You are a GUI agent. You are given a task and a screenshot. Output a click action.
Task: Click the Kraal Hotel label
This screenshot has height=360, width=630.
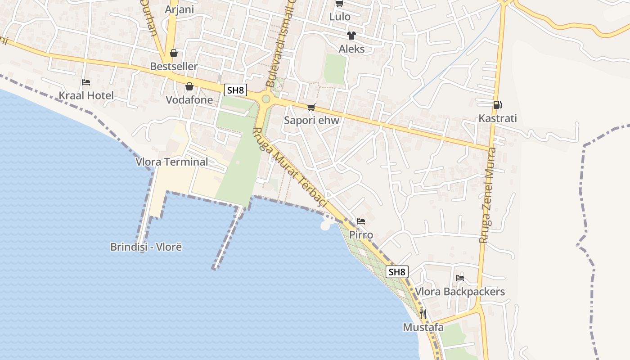[x=86, y=95]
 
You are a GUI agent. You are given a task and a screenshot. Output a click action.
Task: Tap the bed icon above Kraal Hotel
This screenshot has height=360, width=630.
[x=86, y=82]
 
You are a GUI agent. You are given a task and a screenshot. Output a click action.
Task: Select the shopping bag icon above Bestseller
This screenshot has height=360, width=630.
[x=174, y=53]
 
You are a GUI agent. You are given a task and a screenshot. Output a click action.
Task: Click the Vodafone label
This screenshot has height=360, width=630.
[x=189, y=100]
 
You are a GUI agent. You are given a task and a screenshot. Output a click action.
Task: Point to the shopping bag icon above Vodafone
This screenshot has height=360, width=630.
[x=189, y=86]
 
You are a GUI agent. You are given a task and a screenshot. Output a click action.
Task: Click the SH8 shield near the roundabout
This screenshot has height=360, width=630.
[x=235, y=90]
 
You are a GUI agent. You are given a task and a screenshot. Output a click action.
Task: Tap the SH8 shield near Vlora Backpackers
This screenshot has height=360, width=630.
[x=397, y=272]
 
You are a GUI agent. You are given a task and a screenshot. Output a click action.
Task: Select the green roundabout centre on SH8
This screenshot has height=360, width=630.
[x=266, y=99]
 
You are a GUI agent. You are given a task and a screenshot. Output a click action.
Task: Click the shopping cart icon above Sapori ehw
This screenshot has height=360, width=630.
[x=311, y=107]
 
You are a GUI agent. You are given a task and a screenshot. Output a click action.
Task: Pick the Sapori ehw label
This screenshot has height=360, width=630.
[x=311, y=121]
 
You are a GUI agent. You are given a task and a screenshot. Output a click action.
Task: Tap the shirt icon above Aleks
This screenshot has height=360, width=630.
[x=351, y=36]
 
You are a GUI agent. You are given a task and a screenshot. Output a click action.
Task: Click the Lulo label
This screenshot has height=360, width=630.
[x=340, y=17]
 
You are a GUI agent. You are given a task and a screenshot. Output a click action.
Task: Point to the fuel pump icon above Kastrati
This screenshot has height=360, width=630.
[x=497, y=105]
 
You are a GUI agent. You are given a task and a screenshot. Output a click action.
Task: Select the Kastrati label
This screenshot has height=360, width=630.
[x=498, y=118]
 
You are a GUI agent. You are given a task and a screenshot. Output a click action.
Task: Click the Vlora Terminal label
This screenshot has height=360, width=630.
[x=172, y=162]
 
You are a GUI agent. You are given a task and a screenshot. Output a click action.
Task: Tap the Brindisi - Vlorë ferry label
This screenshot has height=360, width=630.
[x=146, y=247]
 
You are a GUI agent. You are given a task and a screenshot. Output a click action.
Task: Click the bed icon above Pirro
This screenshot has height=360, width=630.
[x=361, y=221]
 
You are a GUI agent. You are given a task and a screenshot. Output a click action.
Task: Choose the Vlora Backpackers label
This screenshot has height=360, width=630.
[x=460, y=292]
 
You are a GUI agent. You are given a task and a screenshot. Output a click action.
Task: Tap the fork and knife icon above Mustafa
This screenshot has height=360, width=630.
[x=423, y=314]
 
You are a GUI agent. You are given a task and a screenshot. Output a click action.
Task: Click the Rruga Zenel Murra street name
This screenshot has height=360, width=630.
[x=488, y=196]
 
